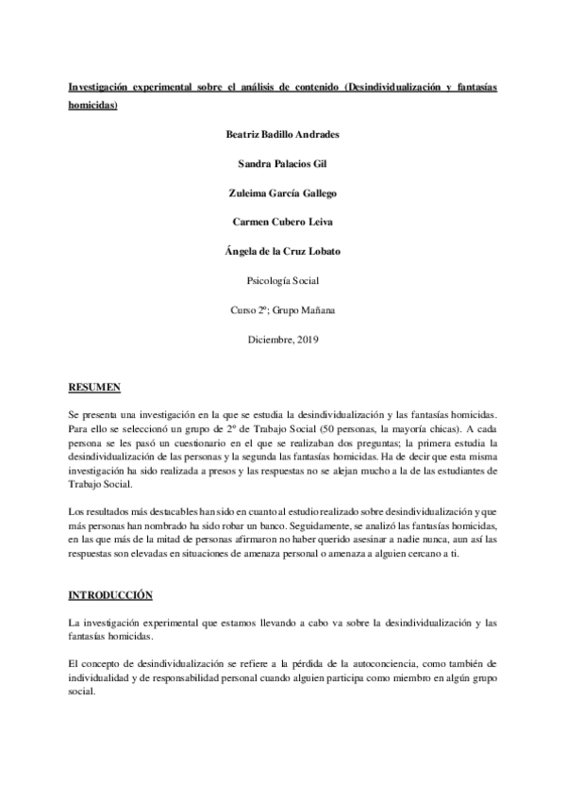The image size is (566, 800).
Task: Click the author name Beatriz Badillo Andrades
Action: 283,134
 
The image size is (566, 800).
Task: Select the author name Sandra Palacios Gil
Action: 283,163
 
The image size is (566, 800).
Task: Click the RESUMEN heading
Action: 94,387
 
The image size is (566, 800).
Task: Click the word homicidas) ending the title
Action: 93,106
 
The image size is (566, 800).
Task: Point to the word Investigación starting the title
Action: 103,87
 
